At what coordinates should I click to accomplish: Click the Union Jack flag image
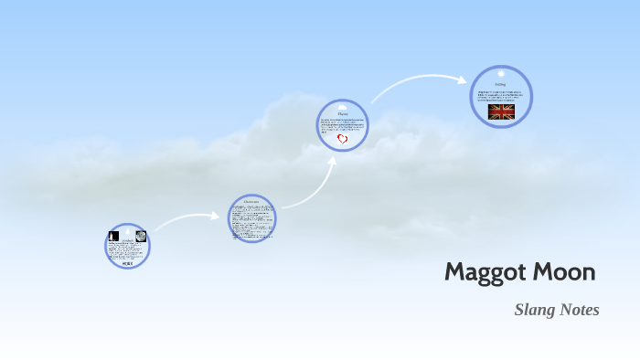501,111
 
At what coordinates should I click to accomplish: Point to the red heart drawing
343,139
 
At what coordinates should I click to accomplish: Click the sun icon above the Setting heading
501,74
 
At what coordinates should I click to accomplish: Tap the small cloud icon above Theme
343,107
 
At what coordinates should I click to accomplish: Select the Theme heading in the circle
343,114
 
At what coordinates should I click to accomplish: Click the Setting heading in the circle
501,83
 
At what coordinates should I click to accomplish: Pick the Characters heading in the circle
251,202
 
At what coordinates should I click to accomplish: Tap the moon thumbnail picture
141,237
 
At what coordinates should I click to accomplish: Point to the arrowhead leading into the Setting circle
463,79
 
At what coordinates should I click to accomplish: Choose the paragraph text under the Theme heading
343,124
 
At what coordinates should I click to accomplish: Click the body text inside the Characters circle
251,220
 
